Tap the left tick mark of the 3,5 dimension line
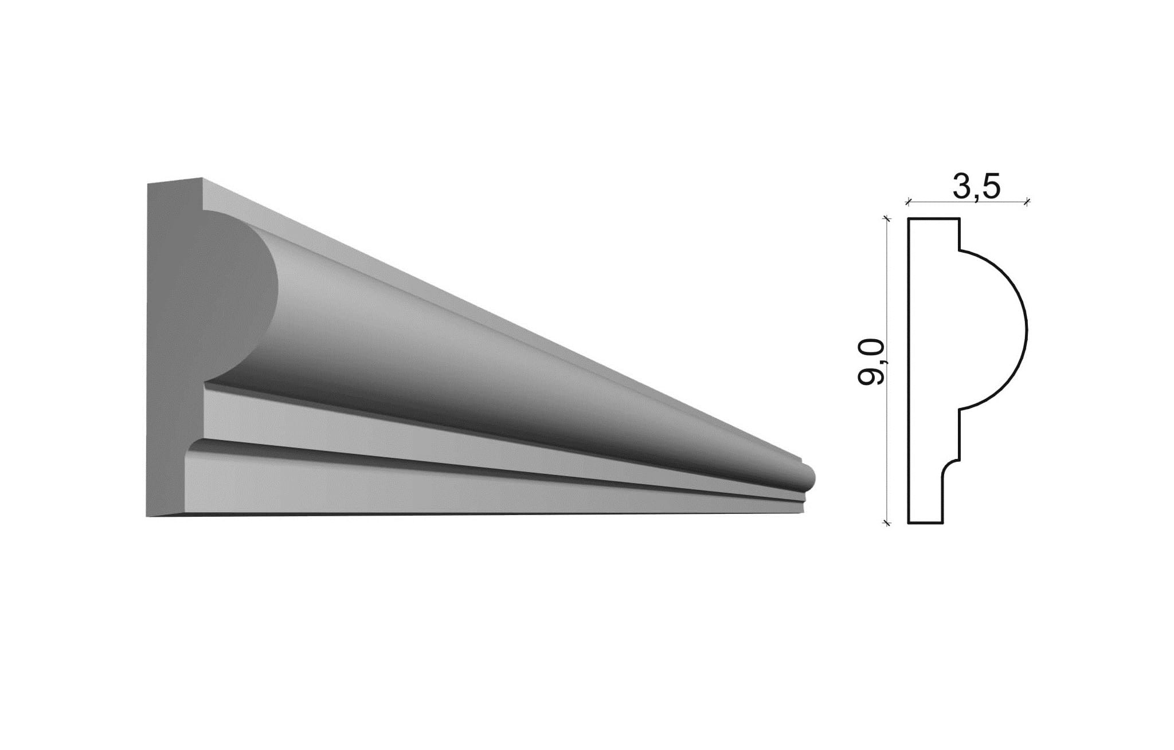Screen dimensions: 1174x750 tap(908, 201)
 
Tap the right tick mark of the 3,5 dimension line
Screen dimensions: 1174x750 tap(1027, 201)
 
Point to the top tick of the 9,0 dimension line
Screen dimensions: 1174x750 tap(887, 218)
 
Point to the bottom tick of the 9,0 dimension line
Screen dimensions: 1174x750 tap(887, 523)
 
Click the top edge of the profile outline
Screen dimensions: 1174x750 tap(934, 218)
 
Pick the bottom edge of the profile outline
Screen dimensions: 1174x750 tap(925, 523)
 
